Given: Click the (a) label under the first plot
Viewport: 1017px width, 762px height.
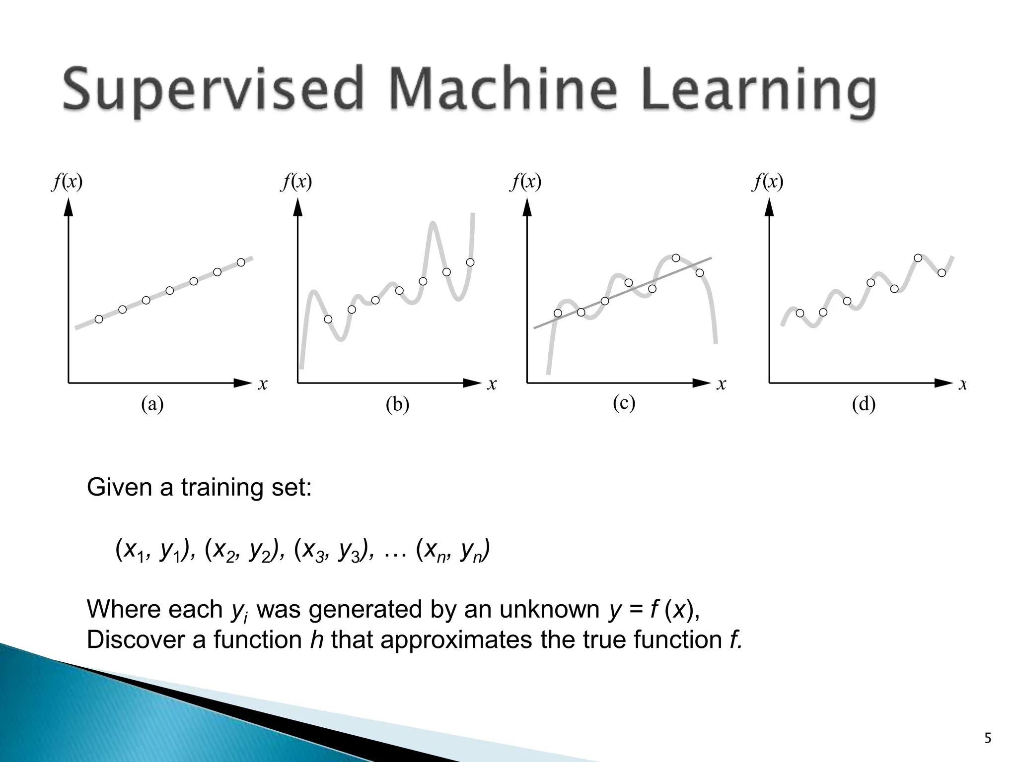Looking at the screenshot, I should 152,405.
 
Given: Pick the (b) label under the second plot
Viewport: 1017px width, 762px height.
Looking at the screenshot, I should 397,405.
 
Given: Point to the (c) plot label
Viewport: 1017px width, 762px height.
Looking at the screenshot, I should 624,403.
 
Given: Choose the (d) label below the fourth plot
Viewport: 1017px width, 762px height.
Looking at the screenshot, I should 864,405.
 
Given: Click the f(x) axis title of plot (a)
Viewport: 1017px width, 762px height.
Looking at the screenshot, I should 67,182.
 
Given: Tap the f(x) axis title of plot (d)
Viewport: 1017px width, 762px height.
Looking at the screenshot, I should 768,182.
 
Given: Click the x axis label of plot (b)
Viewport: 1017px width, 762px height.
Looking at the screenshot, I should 492,383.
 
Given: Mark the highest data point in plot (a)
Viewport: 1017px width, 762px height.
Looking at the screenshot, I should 241,262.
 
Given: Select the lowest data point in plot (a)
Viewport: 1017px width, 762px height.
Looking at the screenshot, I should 99,319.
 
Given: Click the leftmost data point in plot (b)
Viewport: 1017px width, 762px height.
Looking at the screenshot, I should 328,319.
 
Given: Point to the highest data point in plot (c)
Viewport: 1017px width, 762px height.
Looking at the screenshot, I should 676,258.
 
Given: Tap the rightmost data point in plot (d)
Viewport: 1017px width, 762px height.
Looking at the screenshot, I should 942,272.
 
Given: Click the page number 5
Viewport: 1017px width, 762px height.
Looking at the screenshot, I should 988,739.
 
